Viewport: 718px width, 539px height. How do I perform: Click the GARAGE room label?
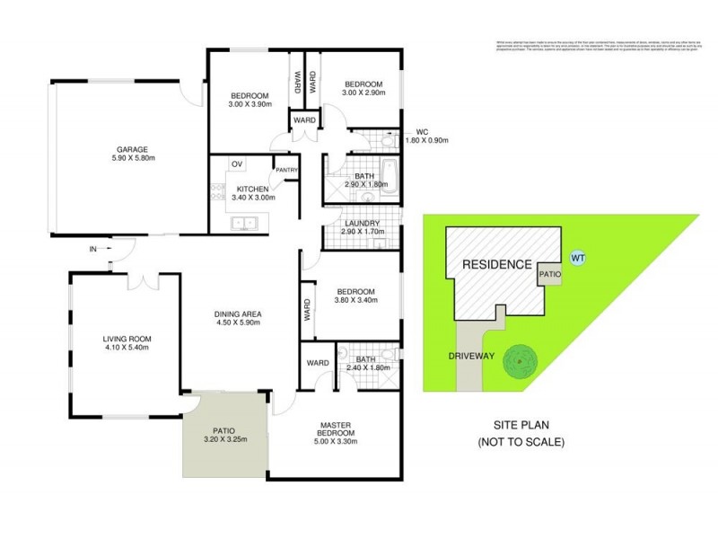tap(131, 150)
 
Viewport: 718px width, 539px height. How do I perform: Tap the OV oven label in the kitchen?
tap(237, 163)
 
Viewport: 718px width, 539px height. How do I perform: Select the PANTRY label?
tap(287, 169)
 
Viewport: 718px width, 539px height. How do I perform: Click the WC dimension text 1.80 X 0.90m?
tap(425, 140)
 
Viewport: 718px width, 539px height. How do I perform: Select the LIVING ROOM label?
tap(127, 339)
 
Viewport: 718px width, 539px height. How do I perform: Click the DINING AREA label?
tap(237, 313)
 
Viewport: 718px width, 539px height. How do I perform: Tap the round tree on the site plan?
tap(519, 363)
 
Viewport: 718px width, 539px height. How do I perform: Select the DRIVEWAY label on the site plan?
tap(472, 356)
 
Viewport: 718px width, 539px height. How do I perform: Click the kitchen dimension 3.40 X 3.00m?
tap(253, 197)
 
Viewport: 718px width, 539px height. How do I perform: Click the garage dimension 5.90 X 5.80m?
tap(131, 160)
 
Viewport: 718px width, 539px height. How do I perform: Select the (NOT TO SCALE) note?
tap(521, 442)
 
